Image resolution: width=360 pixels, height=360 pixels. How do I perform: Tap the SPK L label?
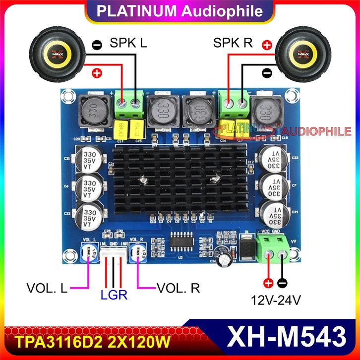tap(128, 43)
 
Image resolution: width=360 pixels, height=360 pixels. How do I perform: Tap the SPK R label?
tap(233, 43)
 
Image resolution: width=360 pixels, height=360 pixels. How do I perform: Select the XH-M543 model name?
tap(287, 338)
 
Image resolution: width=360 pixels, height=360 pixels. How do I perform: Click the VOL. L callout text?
tap(48, 288)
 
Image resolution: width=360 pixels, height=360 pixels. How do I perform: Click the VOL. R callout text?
tap(179, 288)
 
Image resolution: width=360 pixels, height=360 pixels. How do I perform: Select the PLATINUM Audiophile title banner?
tap(180, 11)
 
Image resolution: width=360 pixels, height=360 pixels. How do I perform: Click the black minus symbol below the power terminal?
tap(282, 284)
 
